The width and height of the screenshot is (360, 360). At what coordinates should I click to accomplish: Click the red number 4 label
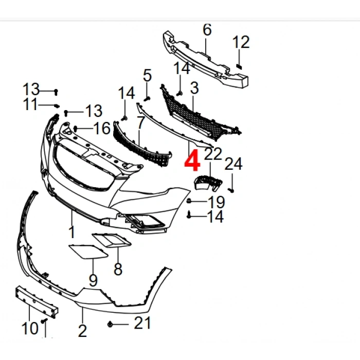[x=192, y=160]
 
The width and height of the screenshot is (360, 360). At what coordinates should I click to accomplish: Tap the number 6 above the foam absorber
[x=207, y=30]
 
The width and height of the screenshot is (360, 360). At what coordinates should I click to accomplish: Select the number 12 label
[x=241, y=42]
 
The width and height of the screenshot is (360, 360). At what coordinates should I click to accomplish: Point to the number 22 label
[x=213, y=154]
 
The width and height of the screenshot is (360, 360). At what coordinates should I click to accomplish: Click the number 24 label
[x=233, y=164]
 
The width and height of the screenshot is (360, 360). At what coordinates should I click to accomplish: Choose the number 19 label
[x=217, y=202]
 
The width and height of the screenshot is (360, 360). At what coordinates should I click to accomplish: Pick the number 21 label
[x=142, y=323]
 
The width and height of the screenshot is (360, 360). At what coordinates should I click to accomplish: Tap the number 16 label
[x=102, y=128]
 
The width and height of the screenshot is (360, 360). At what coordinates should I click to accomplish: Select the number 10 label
[x=30, y=328]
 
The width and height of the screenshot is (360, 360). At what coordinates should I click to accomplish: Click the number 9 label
[x=93, y=280]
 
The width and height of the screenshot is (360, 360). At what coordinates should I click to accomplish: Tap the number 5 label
[x=147, y=75]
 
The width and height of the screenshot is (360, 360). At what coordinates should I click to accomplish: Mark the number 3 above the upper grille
[x=194, y=88]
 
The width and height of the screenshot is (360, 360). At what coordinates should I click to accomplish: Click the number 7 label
[x=140, y=122]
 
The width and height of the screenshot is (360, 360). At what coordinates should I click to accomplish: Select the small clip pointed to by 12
[x=239, y=66]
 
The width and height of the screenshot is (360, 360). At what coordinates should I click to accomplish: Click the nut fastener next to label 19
[x=189, y=201]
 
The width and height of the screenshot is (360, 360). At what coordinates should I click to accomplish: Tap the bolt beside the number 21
[x=110, y=325]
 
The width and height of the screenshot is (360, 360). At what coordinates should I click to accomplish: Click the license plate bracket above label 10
[x=37, y=302]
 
